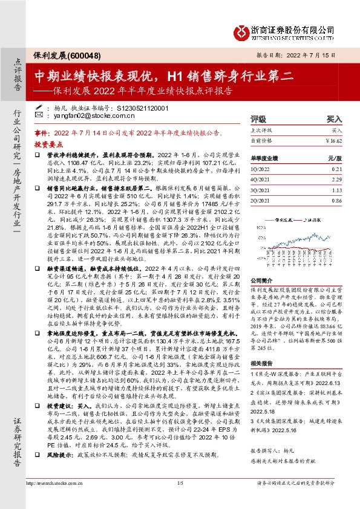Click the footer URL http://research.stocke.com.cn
coord(53,484)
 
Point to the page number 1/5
coord(179,484)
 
